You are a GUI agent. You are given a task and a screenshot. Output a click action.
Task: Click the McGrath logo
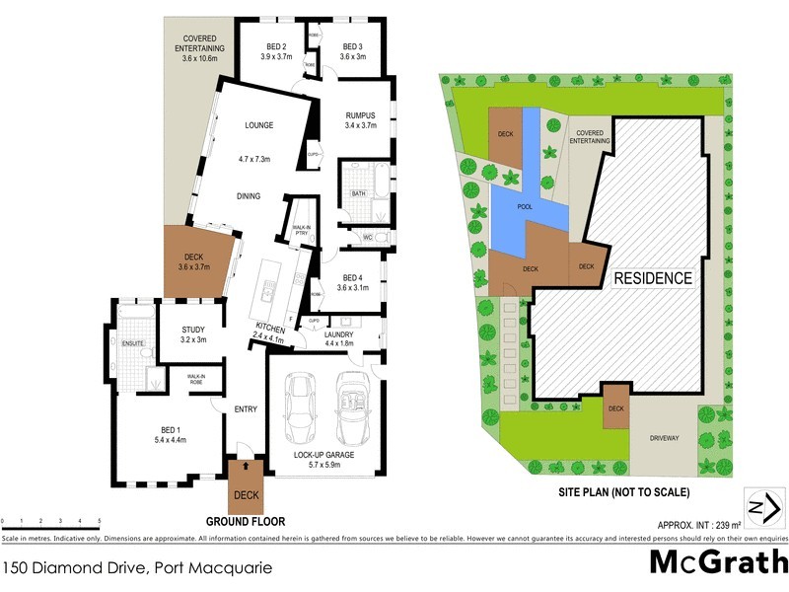(x=718, y=561)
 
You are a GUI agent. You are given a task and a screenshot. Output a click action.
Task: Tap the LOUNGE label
(x=258, y=125)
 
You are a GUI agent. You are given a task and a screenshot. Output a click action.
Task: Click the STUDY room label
(x=192, y=331)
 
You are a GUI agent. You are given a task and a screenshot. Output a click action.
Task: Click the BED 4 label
(x=353, y=277)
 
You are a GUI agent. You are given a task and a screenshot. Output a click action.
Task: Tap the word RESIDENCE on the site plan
(x=653, y=278)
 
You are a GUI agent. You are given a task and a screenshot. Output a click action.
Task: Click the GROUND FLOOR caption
(x=245, y=520)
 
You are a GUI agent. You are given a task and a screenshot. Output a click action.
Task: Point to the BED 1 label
(x=170, y=430)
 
